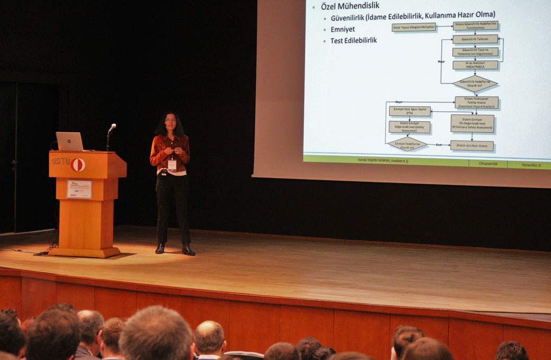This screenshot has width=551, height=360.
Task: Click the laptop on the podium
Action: coord(69,141)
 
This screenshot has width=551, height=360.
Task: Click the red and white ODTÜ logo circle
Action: coord(78,165)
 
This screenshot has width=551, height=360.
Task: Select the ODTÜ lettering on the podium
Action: coord(60,160)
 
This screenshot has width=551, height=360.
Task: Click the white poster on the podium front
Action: coord(79,189)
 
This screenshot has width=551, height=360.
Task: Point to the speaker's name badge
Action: coord(172,165)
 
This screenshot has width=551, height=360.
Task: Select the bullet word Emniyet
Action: coord(343,29)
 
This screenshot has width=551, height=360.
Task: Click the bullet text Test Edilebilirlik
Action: coord(353,40)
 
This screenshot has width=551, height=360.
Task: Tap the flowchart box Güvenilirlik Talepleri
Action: coord(475,39)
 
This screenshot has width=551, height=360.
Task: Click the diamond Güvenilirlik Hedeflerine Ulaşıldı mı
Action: coord(475,83)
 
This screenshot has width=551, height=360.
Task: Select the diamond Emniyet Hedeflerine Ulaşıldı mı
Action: coord(407,144)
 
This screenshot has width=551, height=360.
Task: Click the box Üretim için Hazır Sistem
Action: coord(472,146)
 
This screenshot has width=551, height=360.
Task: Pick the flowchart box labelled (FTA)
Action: coord(410,111)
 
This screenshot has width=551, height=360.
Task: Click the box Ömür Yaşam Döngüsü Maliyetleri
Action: coord(414,28)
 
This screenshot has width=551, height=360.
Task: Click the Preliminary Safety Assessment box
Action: coord(472,123)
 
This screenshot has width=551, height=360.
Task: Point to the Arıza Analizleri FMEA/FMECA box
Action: coord(475,65)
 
